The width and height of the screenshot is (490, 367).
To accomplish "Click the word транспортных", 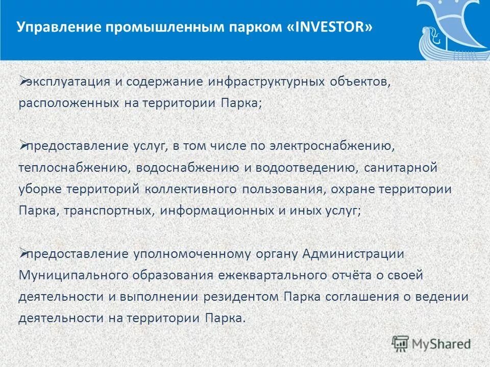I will (x=109, y=211).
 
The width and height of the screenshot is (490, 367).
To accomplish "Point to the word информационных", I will (x=219, y=211).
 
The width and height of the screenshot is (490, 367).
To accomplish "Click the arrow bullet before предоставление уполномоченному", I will (x=23, y=253).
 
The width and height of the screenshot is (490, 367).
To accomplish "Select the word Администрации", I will (x=353, y=254).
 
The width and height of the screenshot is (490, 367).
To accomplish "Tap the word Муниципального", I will (x=72, y=275).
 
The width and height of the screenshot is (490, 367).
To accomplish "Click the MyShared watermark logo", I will (x=431, y=343).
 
